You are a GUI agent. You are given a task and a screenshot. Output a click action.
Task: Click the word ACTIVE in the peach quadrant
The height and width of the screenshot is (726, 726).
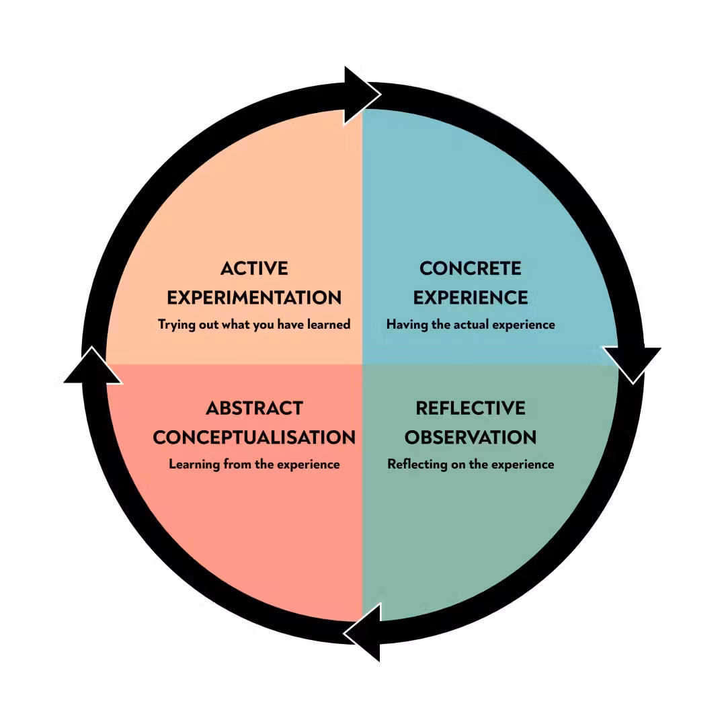coord(254,268)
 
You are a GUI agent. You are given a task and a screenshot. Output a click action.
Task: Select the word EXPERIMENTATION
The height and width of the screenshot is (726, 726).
coord(254,297)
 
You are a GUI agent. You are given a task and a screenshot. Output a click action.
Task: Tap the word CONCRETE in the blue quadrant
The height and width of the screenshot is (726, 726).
coord(471,268)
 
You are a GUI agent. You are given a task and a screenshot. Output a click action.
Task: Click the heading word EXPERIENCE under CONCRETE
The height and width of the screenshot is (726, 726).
coord(471,297)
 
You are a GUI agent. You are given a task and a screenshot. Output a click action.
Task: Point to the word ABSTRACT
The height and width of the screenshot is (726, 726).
coord(254,408)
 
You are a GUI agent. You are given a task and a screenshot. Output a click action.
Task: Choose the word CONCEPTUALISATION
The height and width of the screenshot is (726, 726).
coord(254,437)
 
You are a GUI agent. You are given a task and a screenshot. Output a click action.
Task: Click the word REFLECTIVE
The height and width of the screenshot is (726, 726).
coord(471,408)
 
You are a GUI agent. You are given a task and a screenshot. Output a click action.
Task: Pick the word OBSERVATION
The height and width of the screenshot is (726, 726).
coord(471,437)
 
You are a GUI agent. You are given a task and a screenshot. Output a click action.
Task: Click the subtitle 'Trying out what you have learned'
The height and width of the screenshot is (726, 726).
coord(254,325)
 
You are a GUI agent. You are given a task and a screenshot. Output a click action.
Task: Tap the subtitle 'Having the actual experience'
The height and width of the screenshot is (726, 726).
coord(471,325)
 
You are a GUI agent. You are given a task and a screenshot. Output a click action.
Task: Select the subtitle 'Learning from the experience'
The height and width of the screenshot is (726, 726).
coord(254,465)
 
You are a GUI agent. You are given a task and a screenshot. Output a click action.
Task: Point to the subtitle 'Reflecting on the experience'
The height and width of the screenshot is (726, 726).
coord(471,465)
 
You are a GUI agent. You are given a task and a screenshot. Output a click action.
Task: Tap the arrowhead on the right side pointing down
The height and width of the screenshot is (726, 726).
coord(632,363)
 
